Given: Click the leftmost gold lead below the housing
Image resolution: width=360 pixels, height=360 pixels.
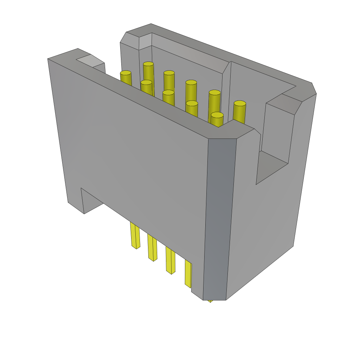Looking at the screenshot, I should click(135, 236).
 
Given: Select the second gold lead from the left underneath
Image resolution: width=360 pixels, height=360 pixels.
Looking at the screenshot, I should click(152, 247).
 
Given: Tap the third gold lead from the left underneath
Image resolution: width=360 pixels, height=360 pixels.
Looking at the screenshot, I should click(170, 261).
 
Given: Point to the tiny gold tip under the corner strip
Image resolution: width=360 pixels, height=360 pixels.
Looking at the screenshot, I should click(210, 301).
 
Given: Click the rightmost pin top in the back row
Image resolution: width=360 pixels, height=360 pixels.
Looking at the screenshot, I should click(239, 103).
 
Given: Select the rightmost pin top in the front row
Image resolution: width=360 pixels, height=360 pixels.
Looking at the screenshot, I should click(217, 115).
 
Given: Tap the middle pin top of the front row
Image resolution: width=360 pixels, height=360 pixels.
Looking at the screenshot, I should click(168, 92).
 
